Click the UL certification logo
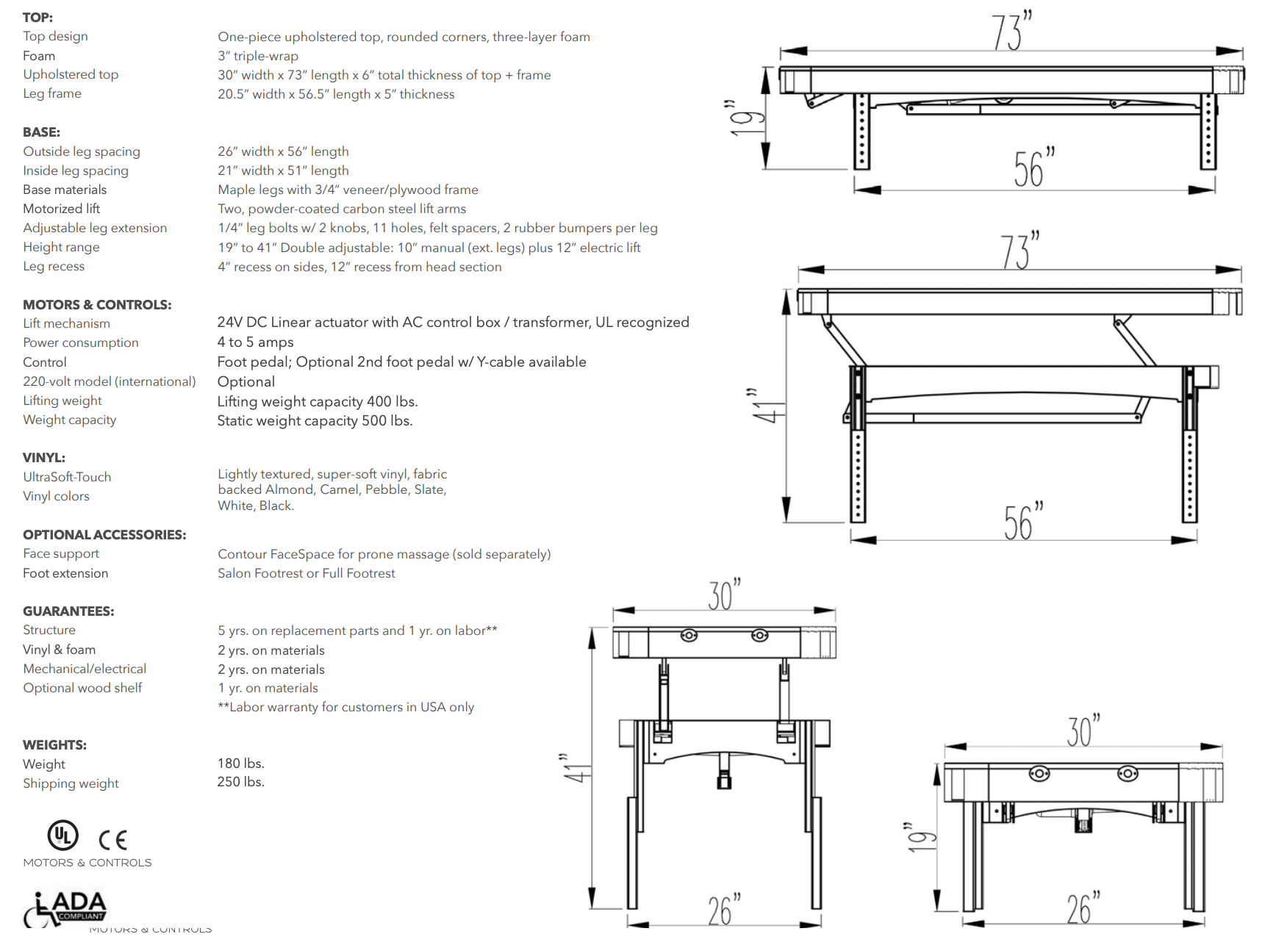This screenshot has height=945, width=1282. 63,836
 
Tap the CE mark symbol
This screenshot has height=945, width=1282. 112,839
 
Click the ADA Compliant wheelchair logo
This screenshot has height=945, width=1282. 65,908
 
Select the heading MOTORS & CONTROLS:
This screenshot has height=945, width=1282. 97,305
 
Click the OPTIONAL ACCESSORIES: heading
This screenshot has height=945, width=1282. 104,535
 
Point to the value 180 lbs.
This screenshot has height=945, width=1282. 240,763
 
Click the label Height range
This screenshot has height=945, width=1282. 61,248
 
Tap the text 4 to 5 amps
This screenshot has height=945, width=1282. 255,342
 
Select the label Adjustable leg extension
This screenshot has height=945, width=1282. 95,229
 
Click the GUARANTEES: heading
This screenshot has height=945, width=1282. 68,611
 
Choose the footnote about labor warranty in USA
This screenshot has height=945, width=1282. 345,707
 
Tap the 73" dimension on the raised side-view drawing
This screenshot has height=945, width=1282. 1019,251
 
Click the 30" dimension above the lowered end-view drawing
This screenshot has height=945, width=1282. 1083,730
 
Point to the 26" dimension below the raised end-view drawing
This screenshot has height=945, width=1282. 723,909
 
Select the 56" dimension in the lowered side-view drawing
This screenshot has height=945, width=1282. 1033,168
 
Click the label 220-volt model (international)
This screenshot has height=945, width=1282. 110,381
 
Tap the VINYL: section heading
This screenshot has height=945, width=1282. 44,458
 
